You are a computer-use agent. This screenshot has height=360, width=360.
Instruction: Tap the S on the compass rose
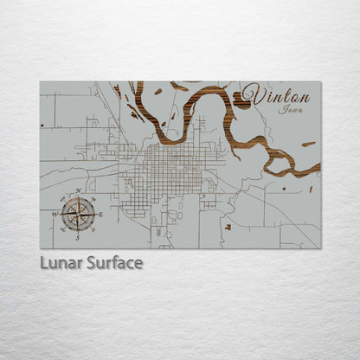coord(78,235)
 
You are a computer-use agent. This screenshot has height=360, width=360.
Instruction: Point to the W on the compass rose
coord(56,214)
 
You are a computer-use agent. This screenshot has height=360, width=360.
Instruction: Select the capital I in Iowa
coord(281,109)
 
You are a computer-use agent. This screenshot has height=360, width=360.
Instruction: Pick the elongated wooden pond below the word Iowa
coord(308,144)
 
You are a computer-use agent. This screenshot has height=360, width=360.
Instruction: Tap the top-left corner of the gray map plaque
coord(40,82)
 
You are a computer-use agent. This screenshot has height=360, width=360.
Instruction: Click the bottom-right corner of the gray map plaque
coord(320,248)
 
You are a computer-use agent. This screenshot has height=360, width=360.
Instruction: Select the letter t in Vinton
coord(285,93)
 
